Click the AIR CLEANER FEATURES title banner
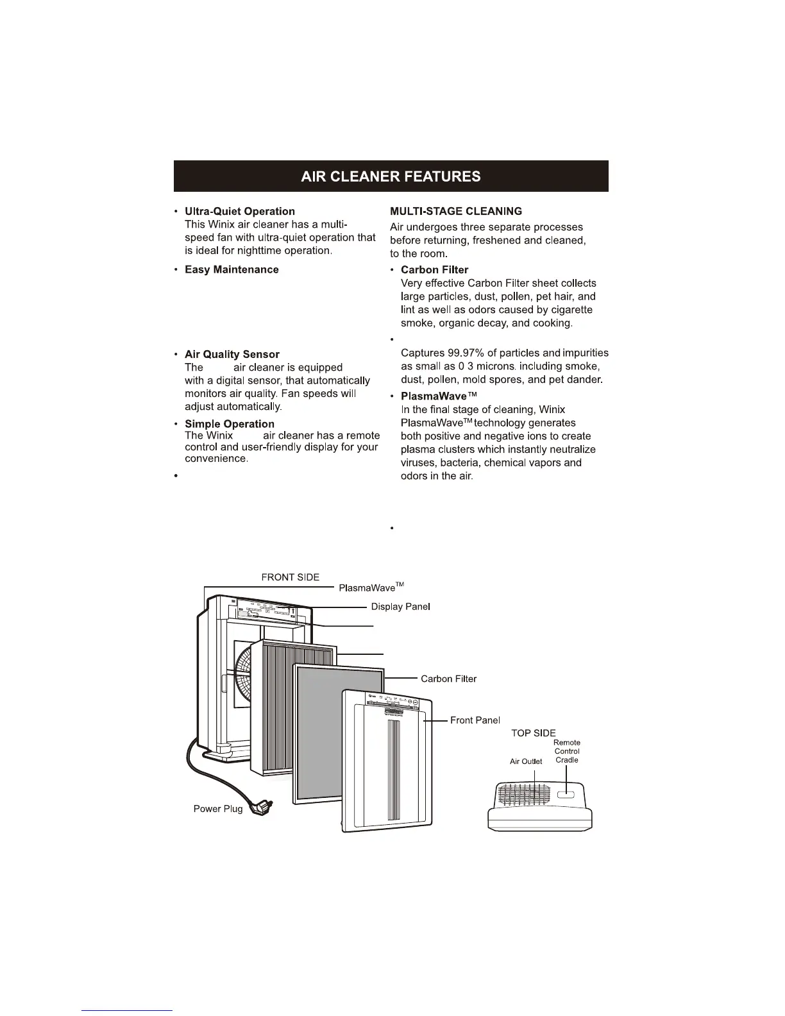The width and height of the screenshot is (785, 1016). tap(391, 176)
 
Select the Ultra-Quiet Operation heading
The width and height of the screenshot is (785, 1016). tap(240, 211)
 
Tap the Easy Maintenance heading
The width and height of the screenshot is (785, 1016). tap(232, 269)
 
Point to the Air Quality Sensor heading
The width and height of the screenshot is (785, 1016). tap(232, 354)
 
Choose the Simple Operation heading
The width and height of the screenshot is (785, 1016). tap(230, 424)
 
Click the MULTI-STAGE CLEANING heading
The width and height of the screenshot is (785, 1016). tap(456, 211)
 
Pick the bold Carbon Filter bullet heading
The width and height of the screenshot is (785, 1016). tap(434, 269)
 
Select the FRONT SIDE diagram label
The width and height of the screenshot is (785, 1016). tap(290, 577)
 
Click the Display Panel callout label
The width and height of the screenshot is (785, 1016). tap(400, 607)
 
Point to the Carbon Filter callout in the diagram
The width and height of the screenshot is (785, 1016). tap(448, 679)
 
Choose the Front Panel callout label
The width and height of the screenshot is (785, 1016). tap(475, 720)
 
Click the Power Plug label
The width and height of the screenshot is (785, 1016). tap(218, 809)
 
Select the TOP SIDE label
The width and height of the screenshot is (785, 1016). tap(533, 733)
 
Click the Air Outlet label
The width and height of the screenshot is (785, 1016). tap(526, 761)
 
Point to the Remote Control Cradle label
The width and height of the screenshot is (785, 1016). tap(567, 751)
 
